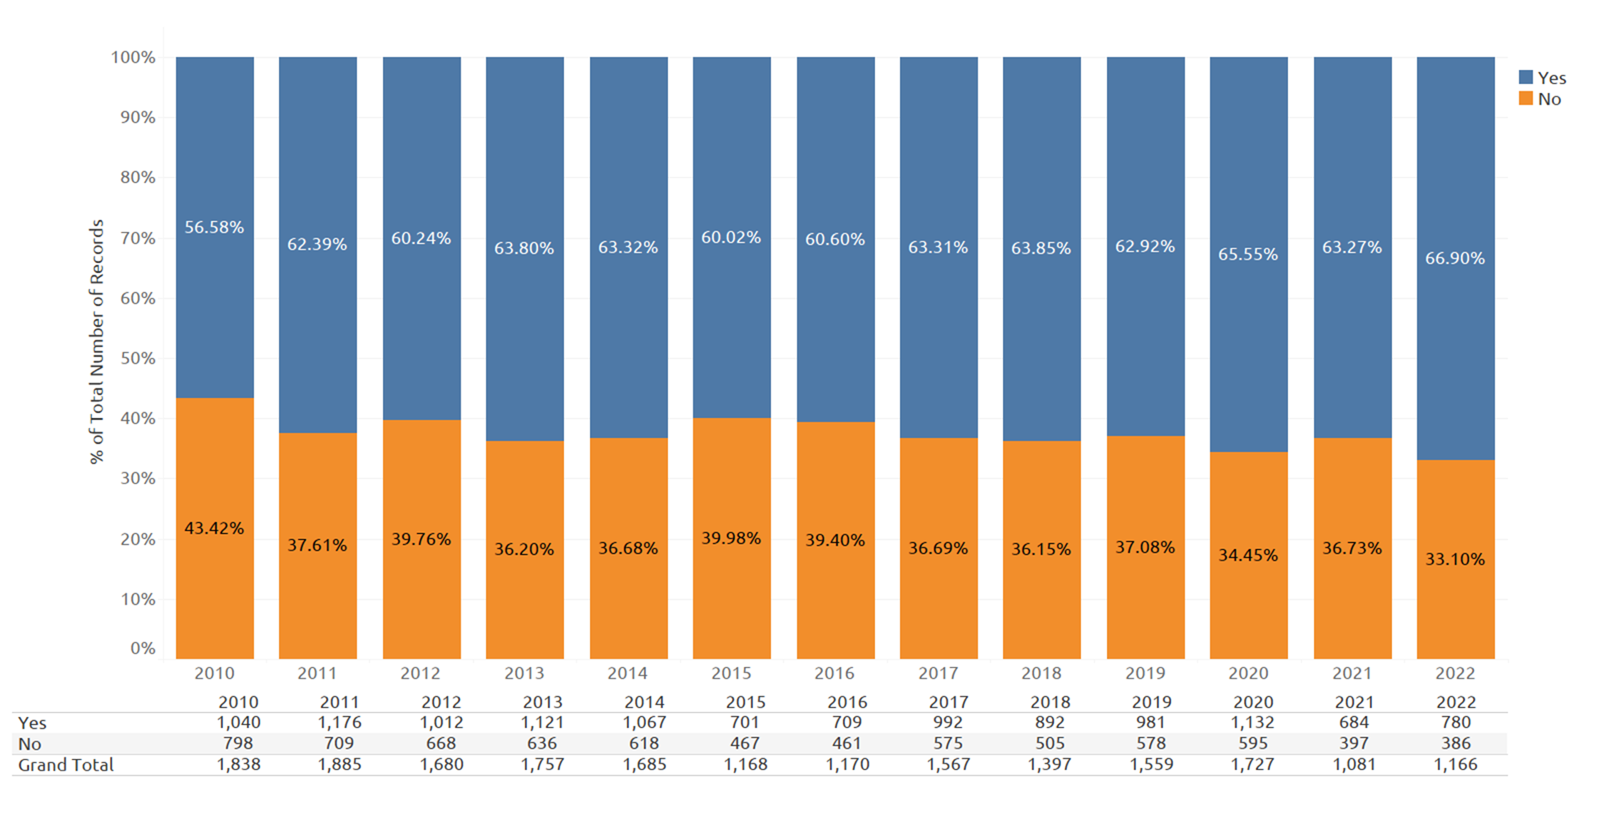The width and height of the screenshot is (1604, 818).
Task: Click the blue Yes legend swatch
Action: [x=1526, y=78]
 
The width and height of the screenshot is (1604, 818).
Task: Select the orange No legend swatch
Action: [x=1526, y=98]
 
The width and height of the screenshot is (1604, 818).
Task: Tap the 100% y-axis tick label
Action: [x=133, y=57]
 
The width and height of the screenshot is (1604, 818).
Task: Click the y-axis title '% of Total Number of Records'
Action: [x=96, y=342]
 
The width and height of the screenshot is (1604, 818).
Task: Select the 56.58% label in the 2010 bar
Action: [x=214, y=227]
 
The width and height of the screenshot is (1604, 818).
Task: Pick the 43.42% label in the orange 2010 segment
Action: [x=214, y=528]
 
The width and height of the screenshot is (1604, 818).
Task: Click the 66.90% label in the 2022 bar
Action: [x=1455, y=258]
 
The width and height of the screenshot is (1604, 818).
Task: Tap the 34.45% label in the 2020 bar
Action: [x=1248, y=555]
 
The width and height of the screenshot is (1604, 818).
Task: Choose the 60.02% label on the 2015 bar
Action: [x=731, y=237]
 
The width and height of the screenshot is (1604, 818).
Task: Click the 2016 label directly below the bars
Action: [x=834, y=673]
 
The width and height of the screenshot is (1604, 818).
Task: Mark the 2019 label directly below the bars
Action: [x=1145, y=673]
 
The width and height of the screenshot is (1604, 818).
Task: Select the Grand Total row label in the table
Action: [x=66, y=765]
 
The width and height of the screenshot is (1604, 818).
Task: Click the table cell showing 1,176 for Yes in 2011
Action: [x=339, y=722]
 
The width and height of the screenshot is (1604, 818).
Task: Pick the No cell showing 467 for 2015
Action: [x=745, y=743]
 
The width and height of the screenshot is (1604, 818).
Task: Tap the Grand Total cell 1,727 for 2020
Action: [x=1253, y=765]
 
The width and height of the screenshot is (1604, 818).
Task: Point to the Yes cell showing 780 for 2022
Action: [x=1456, y=722]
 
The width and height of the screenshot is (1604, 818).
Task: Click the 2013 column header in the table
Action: [x=543, y=702]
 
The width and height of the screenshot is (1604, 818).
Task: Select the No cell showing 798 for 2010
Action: [x=238, y=743]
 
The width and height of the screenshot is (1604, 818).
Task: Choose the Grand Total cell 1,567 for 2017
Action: [x=948, y=765]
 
